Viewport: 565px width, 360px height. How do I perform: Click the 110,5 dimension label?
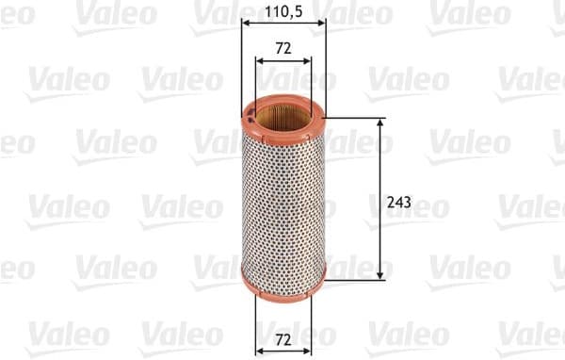point(282,13)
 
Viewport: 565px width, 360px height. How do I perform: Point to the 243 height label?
point(399,202)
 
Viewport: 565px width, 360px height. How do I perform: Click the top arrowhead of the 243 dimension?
point(380,123)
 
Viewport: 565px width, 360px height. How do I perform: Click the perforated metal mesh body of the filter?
point(282,203)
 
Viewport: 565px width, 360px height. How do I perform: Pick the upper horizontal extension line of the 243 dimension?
point(353,119)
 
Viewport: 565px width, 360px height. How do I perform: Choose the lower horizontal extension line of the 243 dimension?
point(353,279)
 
